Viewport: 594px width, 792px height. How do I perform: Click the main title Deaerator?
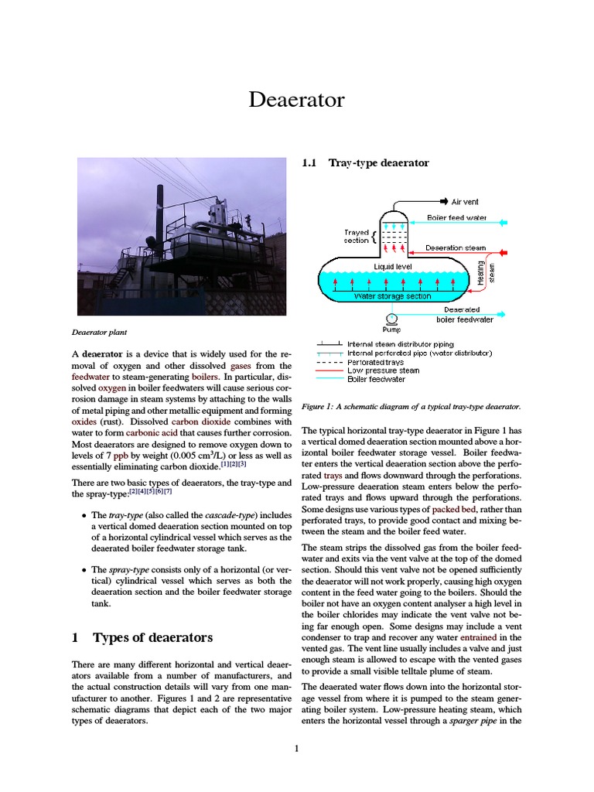tap(296, 100)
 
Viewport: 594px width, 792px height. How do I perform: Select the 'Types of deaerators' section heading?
tap(152, 637)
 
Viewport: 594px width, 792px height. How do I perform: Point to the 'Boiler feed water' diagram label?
tap(457, 218)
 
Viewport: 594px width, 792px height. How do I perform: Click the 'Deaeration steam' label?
tap(456, 248)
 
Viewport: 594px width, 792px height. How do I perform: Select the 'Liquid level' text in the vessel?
tap(394, 266)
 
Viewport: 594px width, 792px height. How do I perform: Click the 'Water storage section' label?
tap(392, 295)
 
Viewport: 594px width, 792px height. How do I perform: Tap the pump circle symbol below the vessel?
tap(392, 318)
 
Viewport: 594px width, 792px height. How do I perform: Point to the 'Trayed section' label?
tap(356, 236)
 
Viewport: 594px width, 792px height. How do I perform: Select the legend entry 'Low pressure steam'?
tap(384, 370)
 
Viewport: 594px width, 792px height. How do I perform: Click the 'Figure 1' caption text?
tap(411, 406)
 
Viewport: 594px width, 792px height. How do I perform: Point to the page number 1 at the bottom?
tap(296, 748)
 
